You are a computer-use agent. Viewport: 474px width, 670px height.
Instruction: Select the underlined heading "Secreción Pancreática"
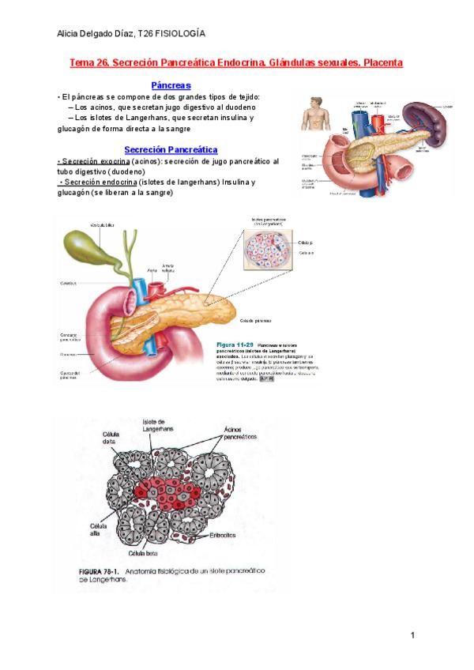pyautogui.click(x=171, y=149)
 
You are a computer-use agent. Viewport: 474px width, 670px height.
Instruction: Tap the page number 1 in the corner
pyautogui.click(x=412, y=635)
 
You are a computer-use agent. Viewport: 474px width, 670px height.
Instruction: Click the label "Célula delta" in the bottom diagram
pyautogui.click(x=113, y=439)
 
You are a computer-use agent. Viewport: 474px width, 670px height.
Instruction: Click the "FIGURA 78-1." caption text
pyautogui.click(x=88, y=570)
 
